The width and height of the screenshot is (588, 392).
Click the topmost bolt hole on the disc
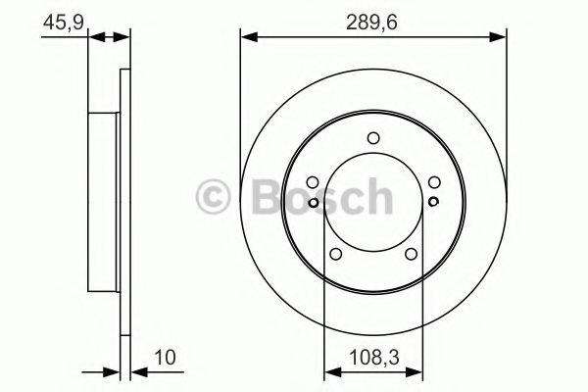tap(372, 139)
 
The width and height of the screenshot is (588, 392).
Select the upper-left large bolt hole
tap(312, 182)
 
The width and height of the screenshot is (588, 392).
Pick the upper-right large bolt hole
tap(433, 182)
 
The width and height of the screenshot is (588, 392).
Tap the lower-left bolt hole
tap(335, 255)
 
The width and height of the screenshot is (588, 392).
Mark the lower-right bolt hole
tap(410, 255)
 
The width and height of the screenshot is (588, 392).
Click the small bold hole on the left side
tap(313, 203)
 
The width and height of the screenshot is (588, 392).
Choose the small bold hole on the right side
tap(432, 203)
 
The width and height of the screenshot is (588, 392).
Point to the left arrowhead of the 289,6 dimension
tap(246, 37)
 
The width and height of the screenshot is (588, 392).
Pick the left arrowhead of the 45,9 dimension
tap(93, 37)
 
